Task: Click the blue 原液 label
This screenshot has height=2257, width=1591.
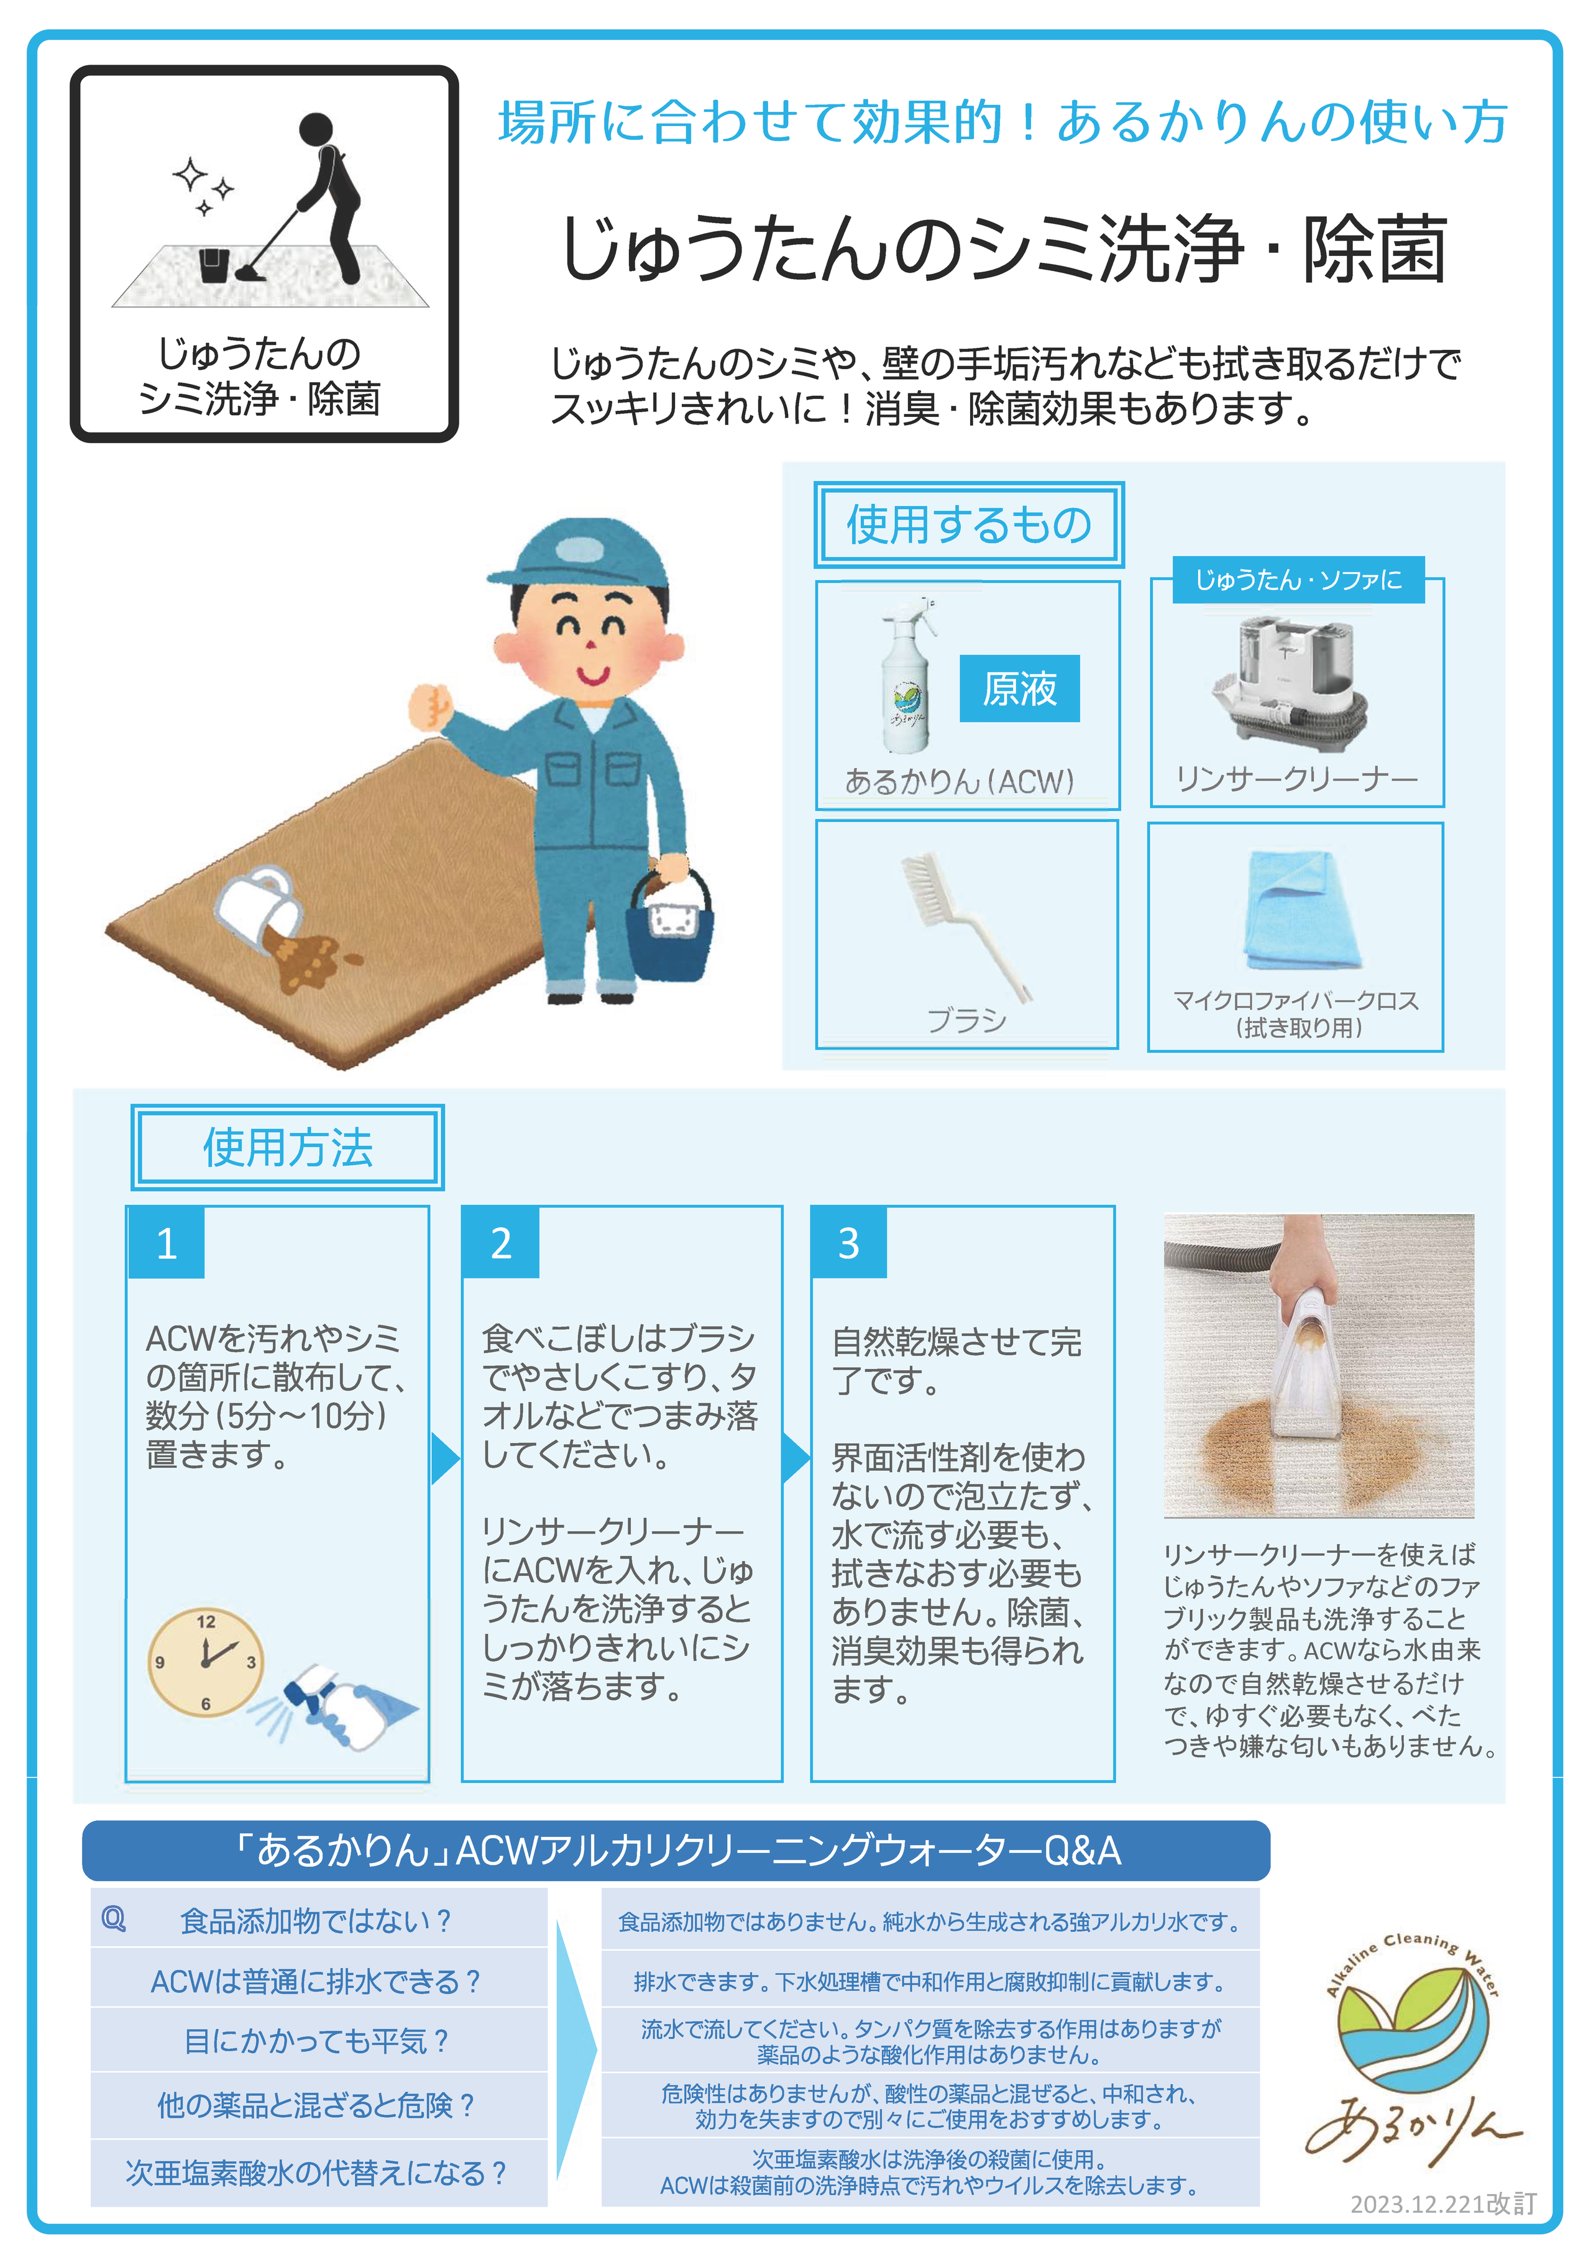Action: coord(1020,688)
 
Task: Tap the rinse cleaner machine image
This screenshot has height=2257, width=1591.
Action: coord(1289,680)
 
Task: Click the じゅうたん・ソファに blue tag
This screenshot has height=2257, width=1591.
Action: coord(1298,580)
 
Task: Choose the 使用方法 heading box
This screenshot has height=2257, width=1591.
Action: coord(287,1147)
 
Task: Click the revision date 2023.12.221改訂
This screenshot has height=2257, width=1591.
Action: coord(1442,2204)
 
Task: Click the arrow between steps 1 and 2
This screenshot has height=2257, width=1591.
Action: coord(446,1458)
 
